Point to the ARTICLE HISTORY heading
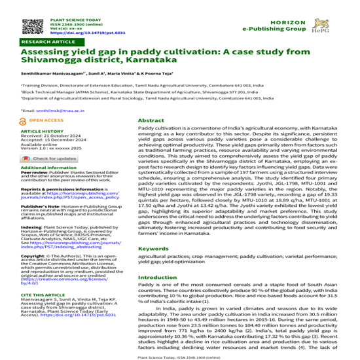pyautogui.click(x=42, y=131)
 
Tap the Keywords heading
pyautogui.click(x=153, y=249)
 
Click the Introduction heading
pyautogui.click(x=157, y=278)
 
